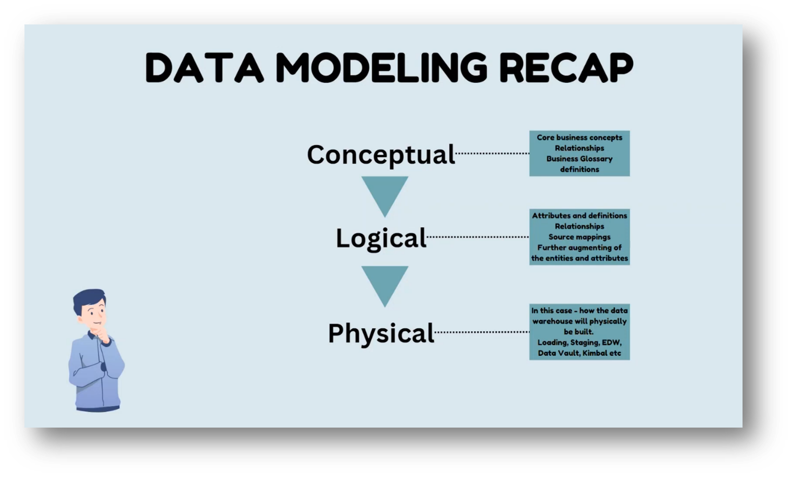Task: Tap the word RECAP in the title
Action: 566,68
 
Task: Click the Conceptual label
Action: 381,154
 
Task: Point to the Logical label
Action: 381,238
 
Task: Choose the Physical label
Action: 381,333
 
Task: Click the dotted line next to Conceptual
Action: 492,153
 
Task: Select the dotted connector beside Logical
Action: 477,237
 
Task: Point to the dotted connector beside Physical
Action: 482,332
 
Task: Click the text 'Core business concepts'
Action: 580,137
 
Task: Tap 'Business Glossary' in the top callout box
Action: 580,159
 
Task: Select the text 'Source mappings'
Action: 580,237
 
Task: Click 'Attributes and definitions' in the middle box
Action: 580,215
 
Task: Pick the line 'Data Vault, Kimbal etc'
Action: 580,353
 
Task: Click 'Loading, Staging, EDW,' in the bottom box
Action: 580,342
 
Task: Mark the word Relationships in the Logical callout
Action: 580,226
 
